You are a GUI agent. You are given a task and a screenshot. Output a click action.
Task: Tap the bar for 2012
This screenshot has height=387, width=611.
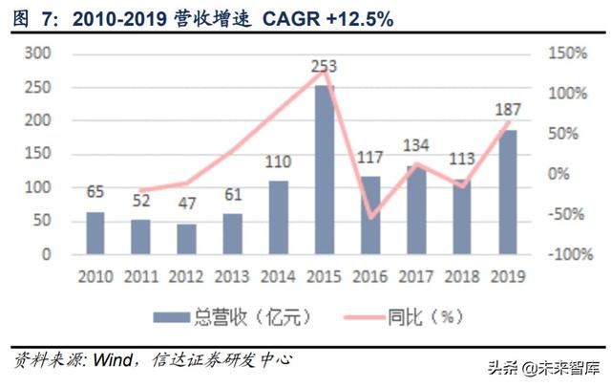[x=186, y=239]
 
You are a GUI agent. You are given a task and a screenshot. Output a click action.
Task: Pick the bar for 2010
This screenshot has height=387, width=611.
[x=95, y=233]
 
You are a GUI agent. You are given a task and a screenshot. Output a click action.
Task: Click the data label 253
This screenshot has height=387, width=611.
[x=325, y=67]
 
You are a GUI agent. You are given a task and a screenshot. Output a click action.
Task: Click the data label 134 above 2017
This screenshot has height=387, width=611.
[x=416, y=146]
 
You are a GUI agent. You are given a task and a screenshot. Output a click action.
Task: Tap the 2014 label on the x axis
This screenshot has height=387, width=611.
[x=278, y=277]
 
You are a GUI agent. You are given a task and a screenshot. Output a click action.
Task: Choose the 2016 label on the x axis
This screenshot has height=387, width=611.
[x=369, y=277]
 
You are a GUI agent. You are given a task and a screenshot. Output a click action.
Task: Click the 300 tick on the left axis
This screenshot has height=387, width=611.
[x=36, y=54]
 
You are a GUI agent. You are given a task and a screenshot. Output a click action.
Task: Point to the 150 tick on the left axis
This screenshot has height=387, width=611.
[x=36, y=154]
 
